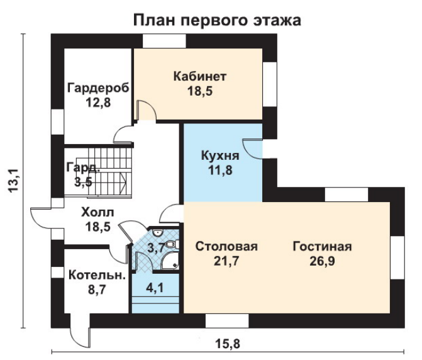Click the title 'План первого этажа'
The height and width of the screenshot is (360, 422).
217,21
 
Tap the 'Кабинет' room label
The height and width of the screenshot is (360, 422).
200,77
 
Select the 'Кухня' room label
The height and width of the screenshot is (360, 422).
220,155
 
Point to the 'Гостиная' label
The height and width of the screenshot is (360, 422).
322,246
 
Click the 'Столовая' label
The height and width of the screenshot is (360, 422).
226,246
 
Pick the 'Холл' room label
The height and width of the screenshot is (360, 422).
97,213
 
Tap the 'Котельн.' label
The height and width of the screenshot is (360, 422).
97,276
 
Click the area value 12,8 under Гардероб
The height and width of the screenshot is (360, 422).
98,103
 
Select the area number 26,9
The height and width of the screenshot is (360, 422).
322,261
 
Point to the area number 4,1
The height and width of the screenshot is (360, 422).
155,288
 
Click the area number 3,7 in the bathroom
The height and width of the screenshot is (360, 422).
157,248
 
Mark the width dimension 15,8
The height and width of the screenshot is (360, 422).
228,344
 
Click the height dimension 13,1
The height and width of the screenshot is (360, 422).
13,181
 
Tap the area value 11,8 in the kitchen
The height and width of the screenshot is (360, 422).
220,170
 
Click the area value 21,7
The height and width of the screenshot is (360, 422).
226,261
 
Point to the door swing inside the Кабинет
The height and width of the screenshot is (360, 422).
146,110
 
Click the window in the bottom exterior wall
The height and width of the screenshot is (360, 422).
227,321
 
